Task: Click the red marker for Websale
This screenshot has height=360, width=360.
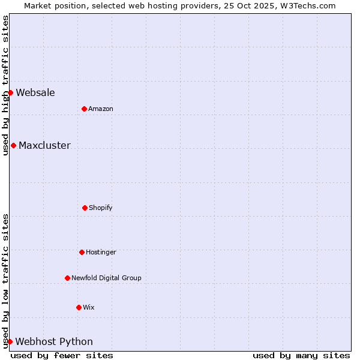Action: point(10,92)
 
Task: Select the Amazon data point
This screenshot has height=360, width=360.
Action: point(84,109)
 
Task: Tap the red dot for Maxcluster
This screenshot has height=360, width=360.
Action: point(13,145)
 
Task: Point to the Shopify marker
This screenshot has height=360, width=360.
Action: point(85,208)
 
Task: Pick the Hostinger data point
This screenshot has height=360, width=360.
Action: point(82,252)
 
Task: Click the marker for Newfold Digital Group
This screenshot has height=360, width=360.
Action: point(67,278)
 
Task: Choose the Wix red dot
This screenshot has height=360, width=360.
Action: point(79,307)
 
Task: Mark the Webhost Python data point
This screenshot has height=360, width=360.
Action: point(10,341)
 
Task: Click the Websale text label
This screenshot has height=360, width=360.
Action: point(35,92)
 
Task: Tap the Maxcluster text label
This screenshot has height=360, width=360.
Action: point(44,145)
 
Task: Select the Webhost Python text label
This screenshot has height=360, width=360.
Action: point(54,342)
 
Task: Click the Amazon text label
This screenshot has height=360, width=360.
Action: point(101,109)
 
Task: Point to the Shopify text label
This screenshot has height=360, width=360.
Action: point(101,208)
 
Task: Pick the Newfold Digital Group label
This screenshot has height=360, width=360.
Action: point(106,278)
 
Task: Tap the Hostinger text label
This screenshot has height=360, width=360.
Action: point(101,252)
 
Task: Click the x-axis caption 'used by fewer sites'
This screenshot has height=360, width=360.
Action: point(62,355)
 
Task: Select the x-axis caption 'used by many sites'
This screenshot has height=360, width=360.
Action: point(301,355)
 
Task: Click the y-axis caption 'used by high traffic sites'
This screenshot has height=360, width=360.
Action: point(5,85)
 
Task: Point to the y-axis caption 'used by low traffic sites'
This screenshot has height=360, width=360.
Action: point(5,281)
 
